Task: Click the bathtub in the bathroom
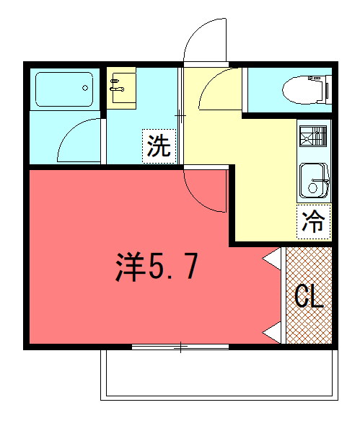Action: (64, 89)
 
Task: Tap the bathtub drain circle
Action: (85, 88)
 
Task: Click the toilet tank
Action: (328, 89)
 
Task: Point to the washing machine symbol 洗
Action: (159, 146)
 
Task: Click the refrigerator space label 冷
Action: (313, 222)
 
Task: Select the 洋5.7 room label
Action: (157, 267)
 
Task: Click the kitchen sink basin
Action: (314, 180)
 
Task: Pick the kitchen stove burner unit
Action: (313, 136)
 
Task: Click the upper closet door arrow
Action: (271, 259)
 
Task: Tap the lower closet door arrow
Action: (271, 333)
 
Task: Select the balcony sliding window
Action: (180, 347)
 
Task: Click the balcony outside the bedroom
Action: (219, 375)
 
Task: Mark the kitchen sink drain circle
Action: (312, 188)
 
